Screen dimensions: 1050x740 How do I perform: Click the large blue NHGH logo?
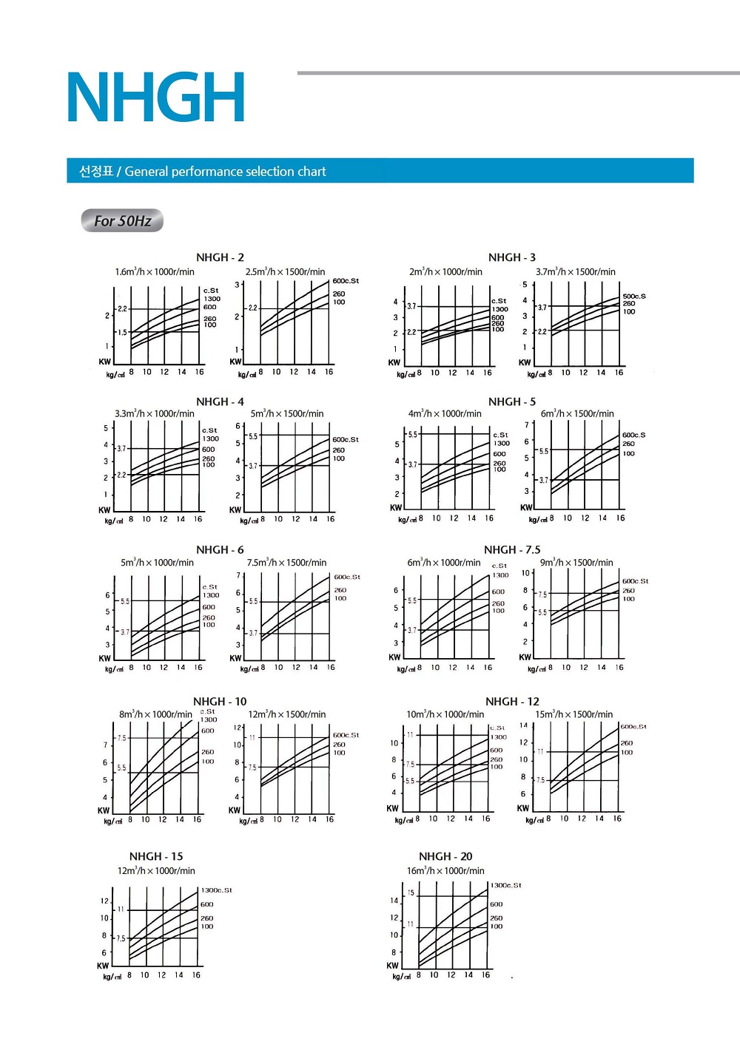click(x=155, y=97)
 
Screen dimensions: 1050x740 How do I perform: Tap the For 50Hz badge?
click(x=122, y=220)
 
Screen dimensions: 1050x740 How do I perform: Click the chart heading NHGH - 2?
click(x=220, y=257)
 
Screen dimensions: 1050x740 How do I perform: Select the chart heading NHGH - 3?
click(x=511, y=257)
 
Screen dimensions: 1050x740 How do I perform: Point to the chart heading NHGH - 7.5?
click(x=512, y=549)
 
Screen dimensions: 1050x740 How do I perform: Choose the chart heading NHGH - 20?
click(x=445, y=856)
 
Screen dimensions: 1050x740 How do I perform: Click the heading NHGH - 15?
click(x=156, y=856)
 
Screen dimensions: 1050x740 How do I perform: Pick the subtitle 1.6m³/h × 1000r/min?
click(x=155, y=271)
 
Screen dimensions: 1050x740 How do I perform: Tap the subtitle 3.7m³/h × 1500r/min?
click(x=576, y=271)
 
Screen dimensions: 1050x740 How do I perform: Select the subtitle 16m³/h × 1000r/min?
click(x=445, y=870)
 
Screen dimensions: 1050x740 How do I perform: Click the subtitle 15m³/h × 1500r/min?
click(x=573, y=714)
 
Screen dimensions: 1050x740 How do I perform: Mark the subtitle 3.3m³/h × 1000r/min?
click(x=155, y=413)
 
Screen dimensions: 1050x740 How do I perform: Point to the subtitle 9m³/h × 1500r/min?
click(x=576, y=562)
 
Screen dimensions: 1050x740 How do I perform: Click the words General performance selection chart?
click(x=225, y=172)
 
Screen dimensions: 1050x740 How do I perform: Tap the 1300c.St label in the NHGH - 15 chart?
click(x=216, y=890)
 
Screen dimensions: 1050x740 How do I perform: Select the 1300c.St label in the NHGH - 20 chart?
click(x=505, y=885)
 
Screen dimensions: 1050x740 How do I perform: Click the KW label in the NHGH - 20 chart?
click(x=392, y=965)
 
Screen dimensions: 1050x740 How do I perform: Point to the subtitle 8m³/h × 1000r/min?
click(x=155, y=714)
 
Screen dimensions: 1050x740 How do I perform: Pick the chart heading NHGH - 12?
click(x=512, y=701)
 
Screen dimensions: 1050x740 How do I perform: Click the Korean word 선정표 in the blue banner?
click(x=96, y=172)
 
